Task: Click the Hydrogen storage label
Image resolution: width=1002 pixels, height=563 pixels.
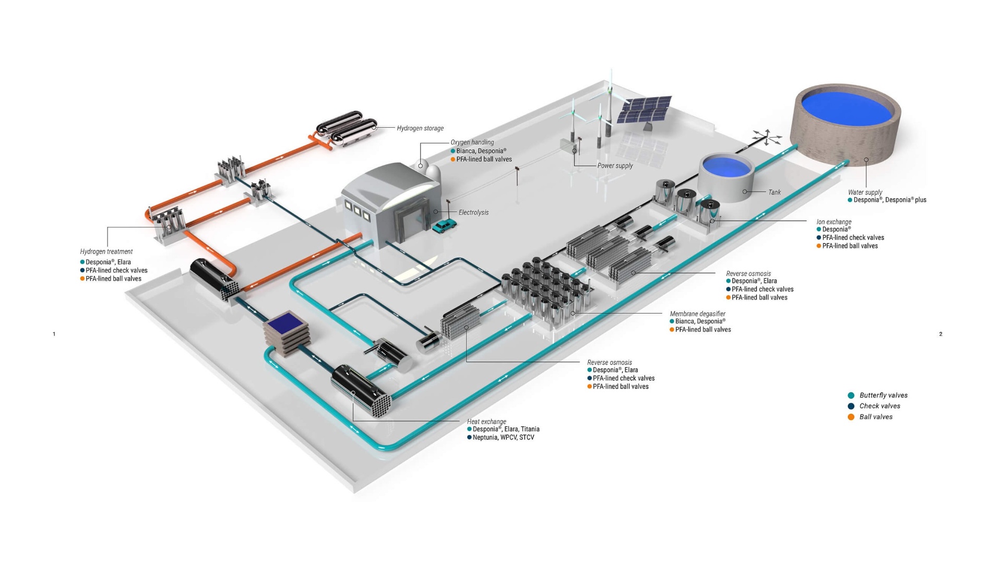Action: pyautogui.click(x=420, y=128)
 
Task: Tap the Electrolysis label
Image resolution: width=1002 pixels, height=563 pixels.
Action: pyautogui.click(x=473, y=212)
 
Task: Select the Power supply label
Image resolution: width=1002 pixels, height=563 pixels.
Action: pyautogui.click(x=615, y=166)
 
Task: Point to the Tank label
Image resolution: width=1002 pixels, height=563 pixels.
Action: pyautogui.click(x=774, y=193)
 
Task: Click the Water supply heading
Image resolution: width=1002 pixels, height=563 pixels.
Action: pyautogui.click(x=865, y=192)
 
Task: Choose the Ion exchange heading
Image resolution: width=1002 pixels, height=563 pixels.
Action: pyautogui.click(x=833, y=222)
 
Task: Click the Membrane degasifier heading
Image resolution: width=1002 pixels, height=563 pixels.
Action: pyautogui.click(x=697, y=314)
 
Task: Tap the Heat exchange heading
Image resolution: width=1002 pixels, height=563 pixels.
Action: pyautogui.click(x=486, y=422)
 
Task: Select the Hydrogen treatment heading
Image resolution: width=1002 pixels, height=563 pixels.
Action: pyautogui.click(x=106, y=251)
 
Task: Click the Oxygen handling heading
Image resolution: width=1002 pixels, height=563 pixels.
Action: pyautogui.click(x=472, y=142)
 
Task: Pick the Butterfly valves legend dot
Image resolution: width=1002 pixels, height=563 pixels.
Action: pyautogui.click(x=851, y=396)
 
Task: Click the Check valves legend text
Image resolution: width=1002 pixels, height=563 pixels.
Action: pyautogui.click(x=879, y=406)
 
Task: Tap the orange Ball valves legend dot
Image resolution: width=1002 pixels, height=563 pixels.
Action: pyautogui.click(x=851, y=417)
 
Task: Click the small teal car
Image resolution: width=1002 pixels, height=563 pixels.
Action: pyautogui.click(x=444, y=225)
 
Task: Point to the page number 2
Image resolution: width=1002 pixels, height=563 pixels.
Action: pyautogui.click(x=940, y=334)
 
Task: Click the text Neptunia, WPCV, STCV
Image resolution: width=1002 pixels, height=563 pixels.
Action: pyautogui.click(x=503, y=437)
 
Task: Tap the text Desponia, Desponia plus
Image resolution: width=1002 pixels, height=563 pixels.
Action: pyautogui.click(x=890, y=200)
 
